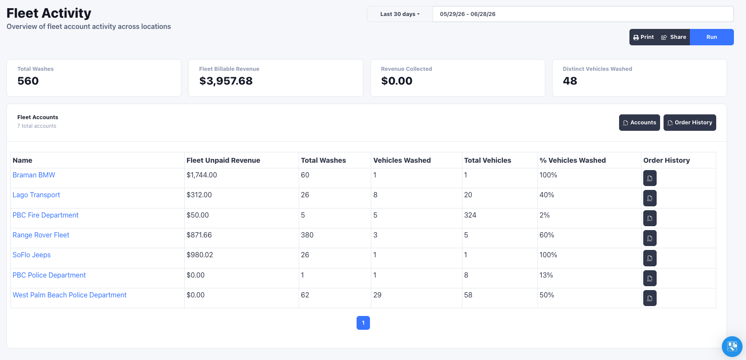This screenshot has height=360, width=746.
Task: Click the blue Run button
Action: [x=711, y=37]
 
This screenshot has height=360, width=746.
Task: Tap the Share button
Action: [x=673, y=37]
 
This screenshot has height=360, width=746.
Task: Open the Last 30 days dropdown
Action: [x=400, y=14]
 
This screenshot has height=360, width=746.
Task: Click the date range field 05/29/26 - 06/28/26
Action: [x=583, y=14]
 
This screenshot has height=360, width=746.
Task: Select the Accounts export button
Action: [x=639, y=123]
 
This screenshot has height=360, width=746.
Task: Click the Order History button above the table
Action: [x=690, y=123]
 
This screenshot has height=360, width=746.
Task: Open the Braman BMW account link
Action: [x=34, y=175]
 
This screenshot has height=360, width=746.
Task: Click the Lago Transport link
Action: [x=36, y=195]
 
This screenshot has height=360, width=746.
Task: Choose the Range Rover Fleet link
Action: [x=41, y=235]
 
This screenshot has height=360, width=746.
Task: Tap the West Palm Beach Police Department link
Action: [x=70, y=295]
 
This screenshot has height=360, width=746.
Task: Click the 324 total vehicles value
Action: [x=470, y=215]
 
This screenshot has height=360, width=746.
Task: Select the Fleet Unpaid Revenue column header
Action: [x=223, y=161]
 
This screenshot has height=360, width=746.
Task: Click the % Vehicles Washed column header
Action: [x=572, y=161]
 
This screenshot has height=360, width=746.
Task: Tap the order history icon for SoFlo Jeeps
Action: [x=650, y=258]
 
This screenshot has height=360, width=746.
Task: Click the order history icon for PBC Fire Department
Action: [x=650, y=218]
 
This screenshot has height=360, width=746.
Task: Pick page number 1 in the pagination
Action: [x=363, y=323]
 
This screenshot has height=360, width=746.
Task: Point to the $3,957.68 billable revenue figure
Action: [x=226, y=81]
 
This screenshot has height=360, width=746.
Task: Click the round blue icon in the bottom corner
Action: [x=732, y=347]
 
